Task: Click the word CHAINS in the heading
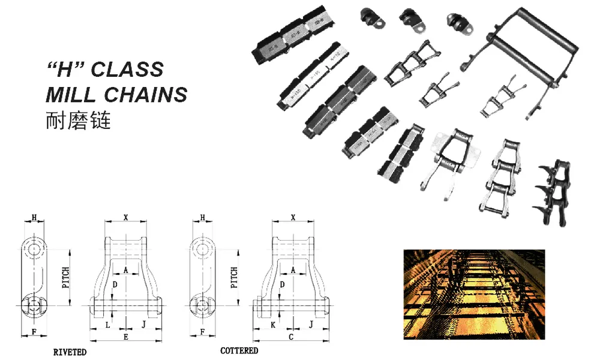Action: [147, 94]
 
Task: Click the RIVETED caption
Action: [70, 352]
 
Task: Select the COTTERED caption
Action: [239, 350]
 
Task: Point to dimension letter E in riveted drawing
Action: [125, 337]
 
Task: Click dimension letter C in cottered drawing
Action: [291, 337]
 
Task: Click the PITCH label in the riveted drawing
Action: [65, 278]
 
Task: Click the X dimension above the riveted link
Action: [125, 217]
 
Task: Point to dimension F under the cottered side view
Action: [202, 331]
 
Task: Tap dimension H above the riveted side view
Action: [34, 217]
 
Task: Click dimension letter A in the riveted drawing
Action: [125, 270]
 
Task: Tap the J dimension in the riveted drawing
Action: [143, 324]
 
